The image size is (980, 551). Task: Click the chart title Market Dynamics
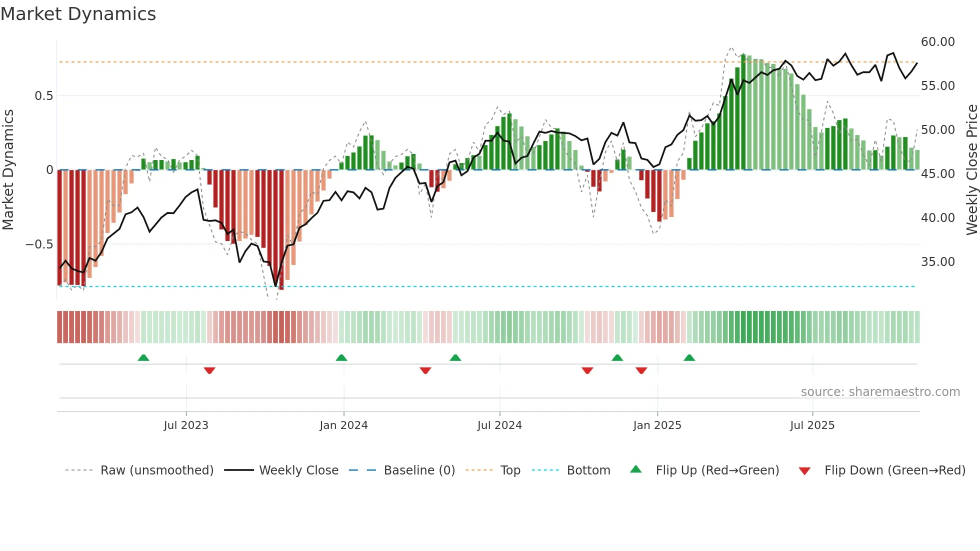(x=78, y=14)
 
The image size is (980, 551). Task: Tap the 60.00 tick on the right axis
(x=937, y=42)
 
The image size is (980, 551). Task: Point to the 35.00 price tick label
(x=937, y=262)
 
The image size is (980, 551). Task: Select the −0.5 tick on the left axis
(x=39, y=244)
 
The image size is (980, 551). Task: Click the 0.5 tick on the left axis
(x=43, y=96)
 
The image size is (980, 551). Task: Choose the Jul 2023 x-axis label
(x=186, y=425)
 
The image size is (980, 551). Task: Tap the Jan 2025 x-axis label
(x=657, y=425)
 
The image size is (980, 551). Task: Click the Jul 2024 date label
(x=499, y=425)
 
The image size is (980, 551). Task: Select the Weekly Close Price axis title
(x=971, y=170)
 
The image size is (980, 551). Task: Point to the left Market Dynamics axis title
(x=8, y=170)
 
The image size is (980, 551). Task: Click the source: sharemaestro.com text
(x=880, y=392)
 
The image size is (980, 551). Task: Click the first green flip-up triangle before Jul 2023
(x=143, y=357)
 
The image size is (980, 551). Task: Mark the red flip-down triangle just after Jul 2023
(x=209, y=370)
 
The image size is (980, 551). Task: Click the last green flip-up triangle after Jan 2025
(x=689, y=357)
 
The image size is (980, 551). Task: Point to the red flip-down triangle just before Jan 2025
(x=641, y=370)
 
